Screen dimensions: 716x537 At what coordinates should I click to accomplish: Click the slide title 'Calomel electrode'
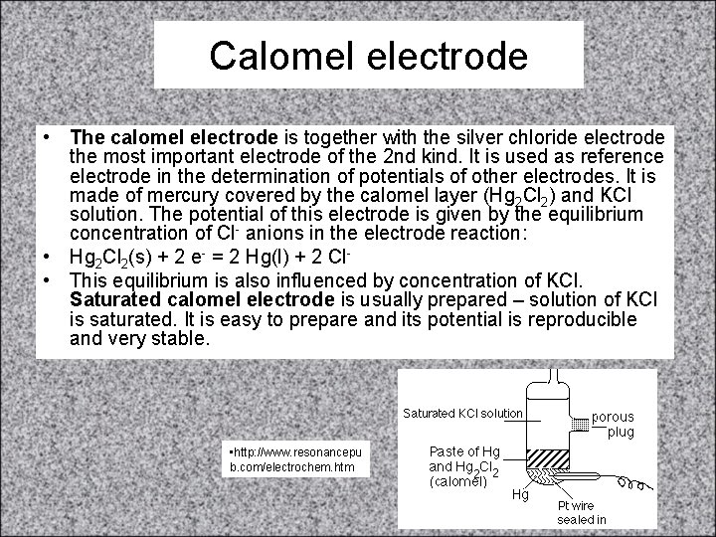(x=368, y=56)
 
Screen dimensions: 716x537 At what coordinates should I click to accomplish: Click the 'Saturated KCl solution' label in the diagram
(x=462, y=413)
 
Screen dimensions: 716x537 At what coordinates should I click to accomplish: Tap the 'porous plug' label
(x=614, y=424)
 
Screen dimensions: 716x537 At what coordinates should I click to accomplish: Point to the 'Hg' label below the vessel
(x=520, y=494)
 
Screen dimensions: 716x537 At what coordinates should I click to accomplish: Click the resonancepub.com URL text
(x=296, y=458)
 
